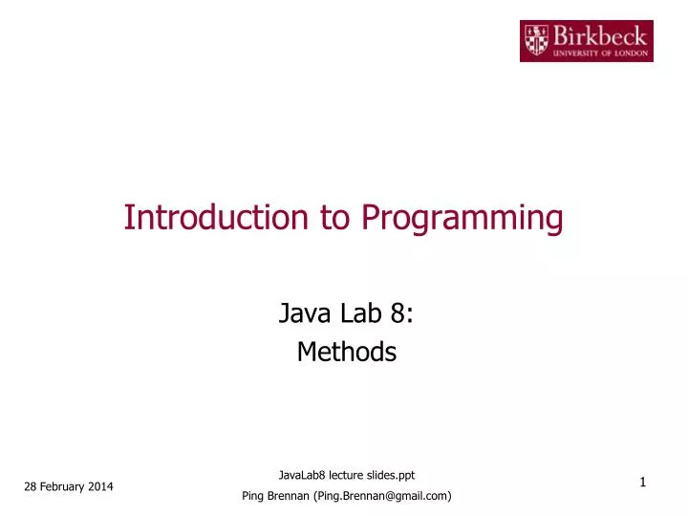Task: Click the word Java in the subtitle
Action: point(299,312)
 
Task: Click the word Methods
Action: point(346,352)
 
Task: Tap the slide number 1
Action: point(643,484)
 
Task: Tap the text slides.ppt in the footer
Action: point(391,475)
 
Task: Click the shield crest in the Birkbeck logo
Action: point(537,40)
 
